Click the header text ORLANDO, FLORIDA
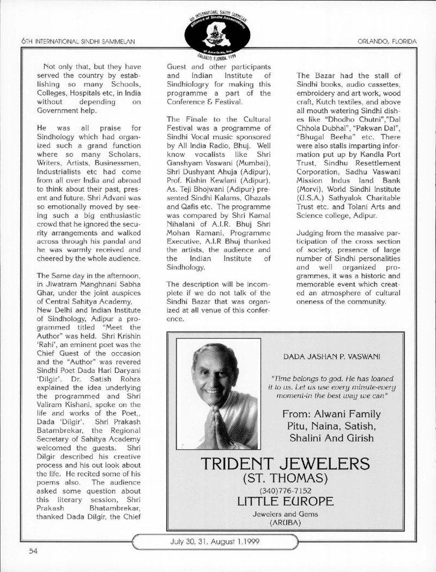tap(387, 41)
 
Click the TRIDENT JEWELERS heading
tap(285, 465)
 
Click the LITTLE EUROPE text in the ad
tap(285, 502)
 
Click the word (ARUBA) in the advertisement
tap(285, 522)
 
